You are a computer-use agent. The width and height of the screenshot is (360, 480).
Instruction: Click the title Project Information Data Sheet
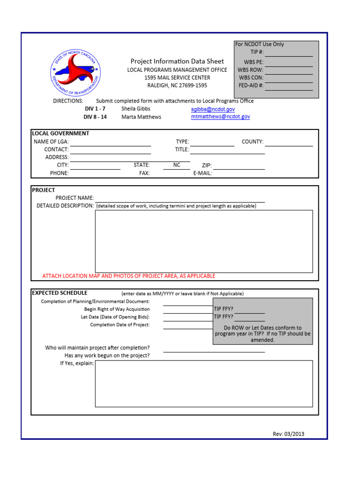coord(177,61)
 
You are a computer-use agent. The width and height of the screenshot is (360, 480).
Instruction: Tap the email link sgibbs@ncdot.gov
coord(213,109)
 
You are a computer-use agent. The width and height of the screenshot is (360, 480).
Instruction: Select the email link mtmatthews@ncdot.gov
coord(220,117)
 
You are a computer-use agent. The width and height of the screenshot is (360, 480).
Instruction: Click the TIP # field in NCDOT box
coord(289,52)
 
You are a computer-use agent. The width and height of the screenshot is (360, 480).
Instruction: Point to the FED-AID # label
coord(251,86)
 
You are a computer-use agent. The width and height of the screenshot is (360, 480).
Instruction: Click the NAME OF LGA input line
coord(111,142)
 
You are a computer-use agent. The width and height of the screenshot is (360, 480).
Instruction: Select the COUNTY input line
coord(289,142)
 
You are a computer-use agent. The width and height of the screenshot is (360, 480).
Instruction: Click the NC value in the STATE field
coord(176,165)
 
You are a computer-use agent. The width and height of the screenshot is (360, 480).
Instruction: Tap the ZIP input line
coord(239,166)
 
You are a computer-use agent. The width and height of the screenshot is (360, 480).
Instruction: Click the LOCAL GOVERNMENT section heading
coord(60,133)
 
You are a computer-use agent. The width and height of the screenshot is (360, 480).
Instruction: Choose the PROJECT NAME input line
coord(180,198)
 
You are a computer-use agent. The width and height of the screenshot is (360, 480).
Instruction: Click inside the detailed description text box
coord(204,241)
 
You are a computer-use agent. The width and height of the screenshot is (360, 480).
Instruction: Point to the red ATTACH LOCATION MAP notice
coord(129,276)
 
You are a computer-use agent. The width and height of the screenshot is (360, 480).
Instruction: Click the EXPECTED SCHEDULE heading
coord(60,293)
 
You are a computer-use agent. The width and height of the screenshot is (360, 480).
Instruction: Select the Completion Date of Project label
coord(120,325)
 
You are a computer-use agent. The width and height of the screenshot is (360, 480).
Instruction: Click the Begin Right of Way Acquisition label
coord(117,309)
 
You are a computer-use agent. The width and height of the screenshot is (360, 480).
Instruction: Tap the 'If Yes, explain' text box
coord(204,383)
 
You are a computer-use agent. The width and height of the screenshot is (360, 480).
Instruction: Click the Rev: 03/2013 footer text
coord(288,434)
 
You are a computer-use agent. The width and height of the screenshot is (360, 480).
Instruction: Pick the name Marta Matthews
coord(141,117)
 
